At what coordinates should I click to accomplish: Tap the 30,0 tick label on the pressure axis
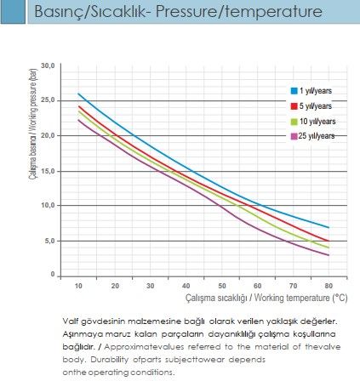[48, 65]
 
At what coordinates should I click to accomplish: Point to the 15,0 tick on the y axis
[48, 171]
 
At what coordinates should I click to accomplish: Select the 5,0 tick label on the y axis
[49, 241]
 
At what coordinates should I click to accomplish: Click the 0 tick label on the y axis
[53, 274]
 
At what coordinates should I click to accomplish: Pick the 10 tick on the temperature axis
[78, 286]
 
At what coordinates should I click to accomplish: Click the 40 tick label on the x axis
[186, 286]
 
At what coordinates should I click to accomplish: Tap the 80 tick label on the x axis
[329, 286]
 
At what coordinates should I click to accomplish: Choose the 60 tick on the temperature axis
[257, 286]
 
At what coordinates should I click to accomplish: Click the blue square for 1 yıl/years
[294, 91]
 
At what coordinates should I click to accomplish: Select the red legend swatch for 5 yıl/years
[294, 106]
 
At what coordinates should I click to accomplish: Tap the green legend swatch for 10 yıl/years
[294, 122]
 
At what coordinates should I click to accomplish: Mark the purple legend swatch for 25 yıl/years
[294, 136]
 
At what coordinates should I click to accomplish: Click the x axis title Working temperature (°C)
[300, 298]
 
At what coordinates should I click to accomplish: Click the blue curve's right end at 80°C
[329, 227]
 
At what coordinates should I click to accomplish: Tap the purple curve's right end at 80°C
[329, 255]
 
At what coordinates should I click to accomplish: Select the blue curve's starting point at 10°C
[78, 94]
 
